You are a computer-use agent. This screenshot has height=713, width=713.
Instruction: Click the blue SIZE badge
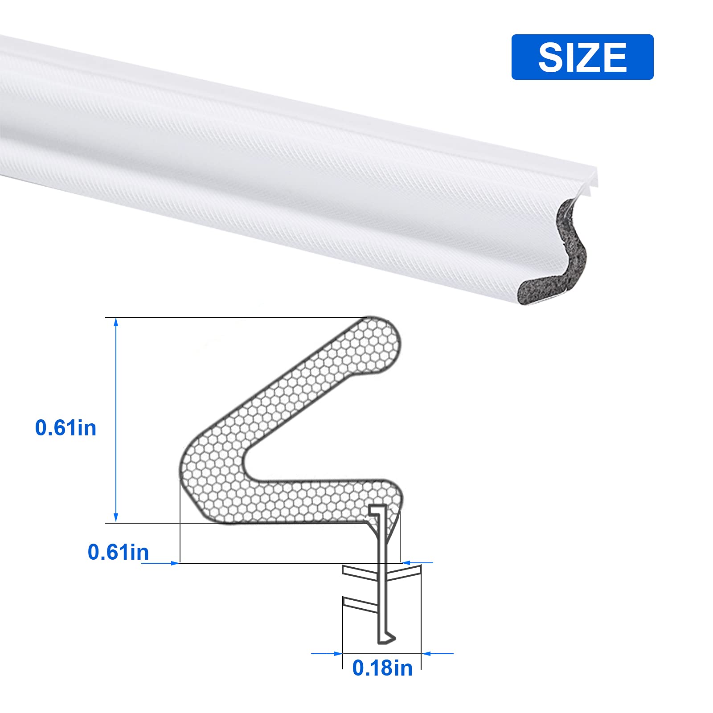582,57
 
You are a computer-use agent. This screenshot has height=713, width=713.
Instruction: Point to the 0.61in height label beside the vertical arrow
66,428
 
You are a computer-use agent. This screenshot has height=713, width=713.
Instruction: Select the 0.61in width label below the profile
118,552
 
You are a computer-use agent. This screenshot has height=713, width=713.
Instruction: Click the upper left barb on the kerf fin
359,573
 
